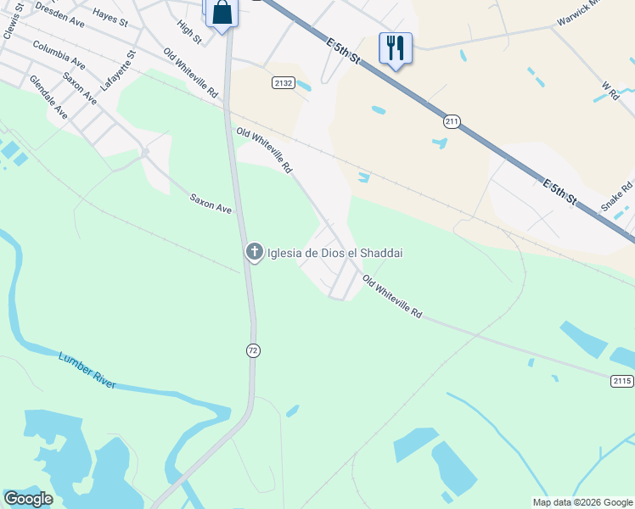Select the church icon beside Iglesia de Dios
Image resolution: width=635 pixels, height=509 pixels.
click(254, 252)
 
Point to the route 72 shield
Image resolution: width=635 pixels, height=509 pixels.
click(253, 350)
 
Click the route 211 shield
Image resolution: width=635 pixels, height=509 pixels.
click(451, 122)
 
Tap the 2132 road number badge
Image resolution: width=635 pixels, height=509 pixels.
click(284, 82)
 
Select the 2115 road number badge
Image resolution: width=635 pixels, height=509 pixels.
click(621, 381)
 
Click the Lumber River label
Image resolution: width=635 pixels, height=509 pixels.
click(87, 370)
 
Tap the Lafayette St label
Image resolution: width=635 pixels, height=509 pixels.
click(118, 70)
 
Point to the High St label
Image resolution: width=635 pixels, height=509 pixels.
click(189, 33)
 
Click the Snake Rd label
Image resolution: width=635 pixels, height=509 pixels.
click(616, 197)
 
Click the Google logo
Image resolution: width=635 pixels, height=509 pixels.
click(28, 499)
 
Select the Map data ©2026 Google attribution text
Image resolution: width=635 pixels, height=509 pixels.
click(582, 502)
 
